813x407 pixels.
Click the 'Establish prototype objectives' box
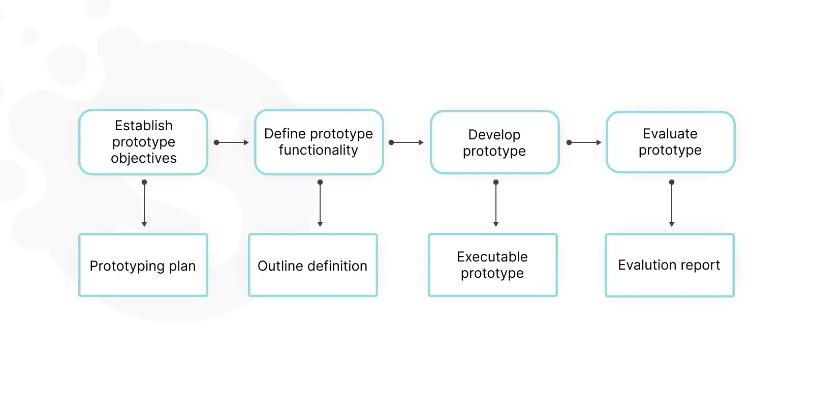tap(143, 142)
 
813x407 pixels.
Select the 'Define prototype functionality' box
tap(319, 142)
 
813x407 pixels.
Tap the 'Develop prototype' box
tap(495, 142)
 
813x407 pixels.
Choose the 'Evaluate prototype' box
tap(670, 142)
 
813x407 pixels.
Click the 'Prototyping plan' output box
tap(143, 265)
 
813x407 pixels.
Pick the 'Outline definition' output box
tap(313, 265)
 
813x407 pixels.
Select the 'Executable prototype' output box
tap(492, 265)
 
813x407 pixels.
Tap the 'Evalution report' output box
tap(670, 265)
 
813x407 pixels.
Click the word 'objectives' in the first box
tap(144, 158)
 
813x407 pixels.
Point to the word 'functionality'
tap(318, 150)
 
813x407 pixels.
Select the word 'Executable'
tap(492, 257)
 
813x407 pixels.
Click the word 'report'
tap(700, 266)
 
